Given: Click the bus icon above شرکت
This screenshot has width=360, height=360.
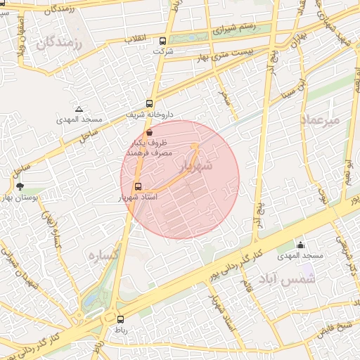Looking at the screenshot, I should point(163,41).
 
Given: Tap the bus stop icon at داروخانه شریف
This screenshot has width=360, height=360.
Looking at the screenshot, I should point(149,103).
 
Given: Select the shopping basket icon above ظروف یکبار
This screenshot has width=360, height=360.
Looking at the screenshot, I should point(148,132).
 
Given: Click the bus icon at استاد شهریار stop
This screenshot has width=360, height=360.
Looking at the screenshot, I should point(137,187).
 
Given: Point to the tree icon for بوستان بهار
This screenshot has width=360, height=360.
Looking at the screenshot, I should point(19,187).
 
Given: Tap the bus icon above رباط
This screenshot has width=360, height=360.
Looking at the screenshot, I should point(120,319).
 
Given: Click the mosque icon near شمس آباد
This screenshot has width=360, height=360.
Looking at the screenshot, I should point(301,245).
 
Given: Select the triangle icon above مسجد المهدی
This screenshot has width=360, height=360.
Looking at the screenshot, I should point(79,109).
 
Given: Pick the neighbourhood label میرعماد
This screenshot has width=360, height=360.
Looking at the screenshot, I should point(321,120).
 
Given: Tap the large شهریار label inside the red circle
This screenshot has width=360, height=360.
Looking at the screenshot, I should point(194,167).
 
